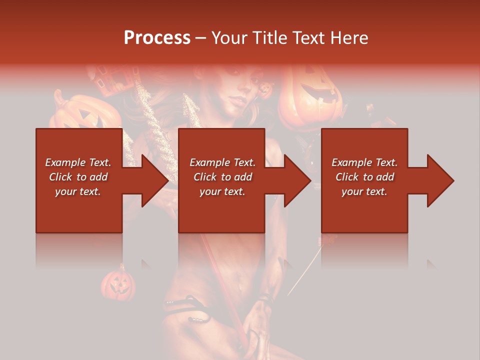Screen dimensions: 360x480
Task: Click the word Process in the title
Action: click(x=157, y=38)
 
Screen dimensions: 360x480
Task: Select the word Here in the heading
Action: click(x=348, y=38)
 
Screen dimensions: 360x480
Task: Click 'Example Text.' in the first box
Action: click(x=78, y=162)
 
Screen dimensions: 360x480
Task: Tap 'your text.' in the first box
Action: click(x=78, y=191)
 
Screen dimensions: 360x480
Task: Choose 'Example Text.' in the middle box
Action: click(x=222, y=162)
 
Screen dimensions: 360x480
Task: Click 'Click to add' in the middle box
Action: click(x=222, y=177)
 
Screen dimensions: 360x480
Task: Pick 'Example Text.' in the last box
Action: click(x=364, y=162)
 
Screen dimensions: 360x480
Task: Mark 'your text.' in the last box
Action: click(x=364, y=191)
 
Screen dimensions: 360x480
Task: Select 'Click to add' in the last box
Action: click(x=364, y=177)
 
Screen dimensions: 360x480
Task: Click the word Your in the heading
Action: click(x=231, y=38)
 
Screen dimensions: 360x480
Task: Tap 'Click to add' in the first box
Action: click(x=78, y=177)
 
